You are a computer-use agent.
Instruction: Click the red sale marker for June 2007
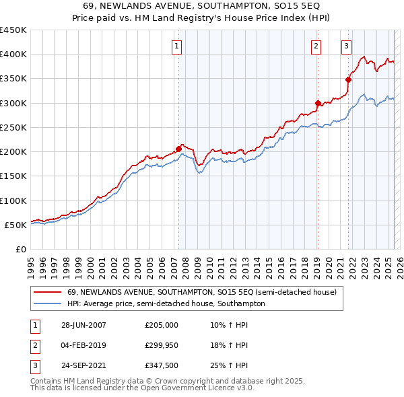coord(179,149)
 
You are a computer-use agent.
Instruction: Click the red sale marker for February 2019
coord(317,103)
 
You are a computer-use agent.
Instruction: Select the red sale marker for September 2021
coord(348,79)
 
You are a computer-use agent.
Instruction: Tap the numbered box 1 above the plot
coord(176,46)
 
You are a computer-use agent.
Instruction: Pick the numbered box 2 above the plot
coord(316,46)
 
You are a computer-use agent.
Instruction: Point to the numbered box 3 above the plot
coord(346,46)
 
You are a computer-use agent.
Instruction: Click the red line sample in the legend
coord(46,292)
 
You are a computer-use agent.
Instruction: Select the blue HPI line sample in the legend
coord(46,303)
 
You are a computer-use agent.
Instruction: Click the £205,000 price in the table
coord(162,325)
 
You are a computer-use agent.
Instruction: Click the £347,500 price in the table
coord(162,365)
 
